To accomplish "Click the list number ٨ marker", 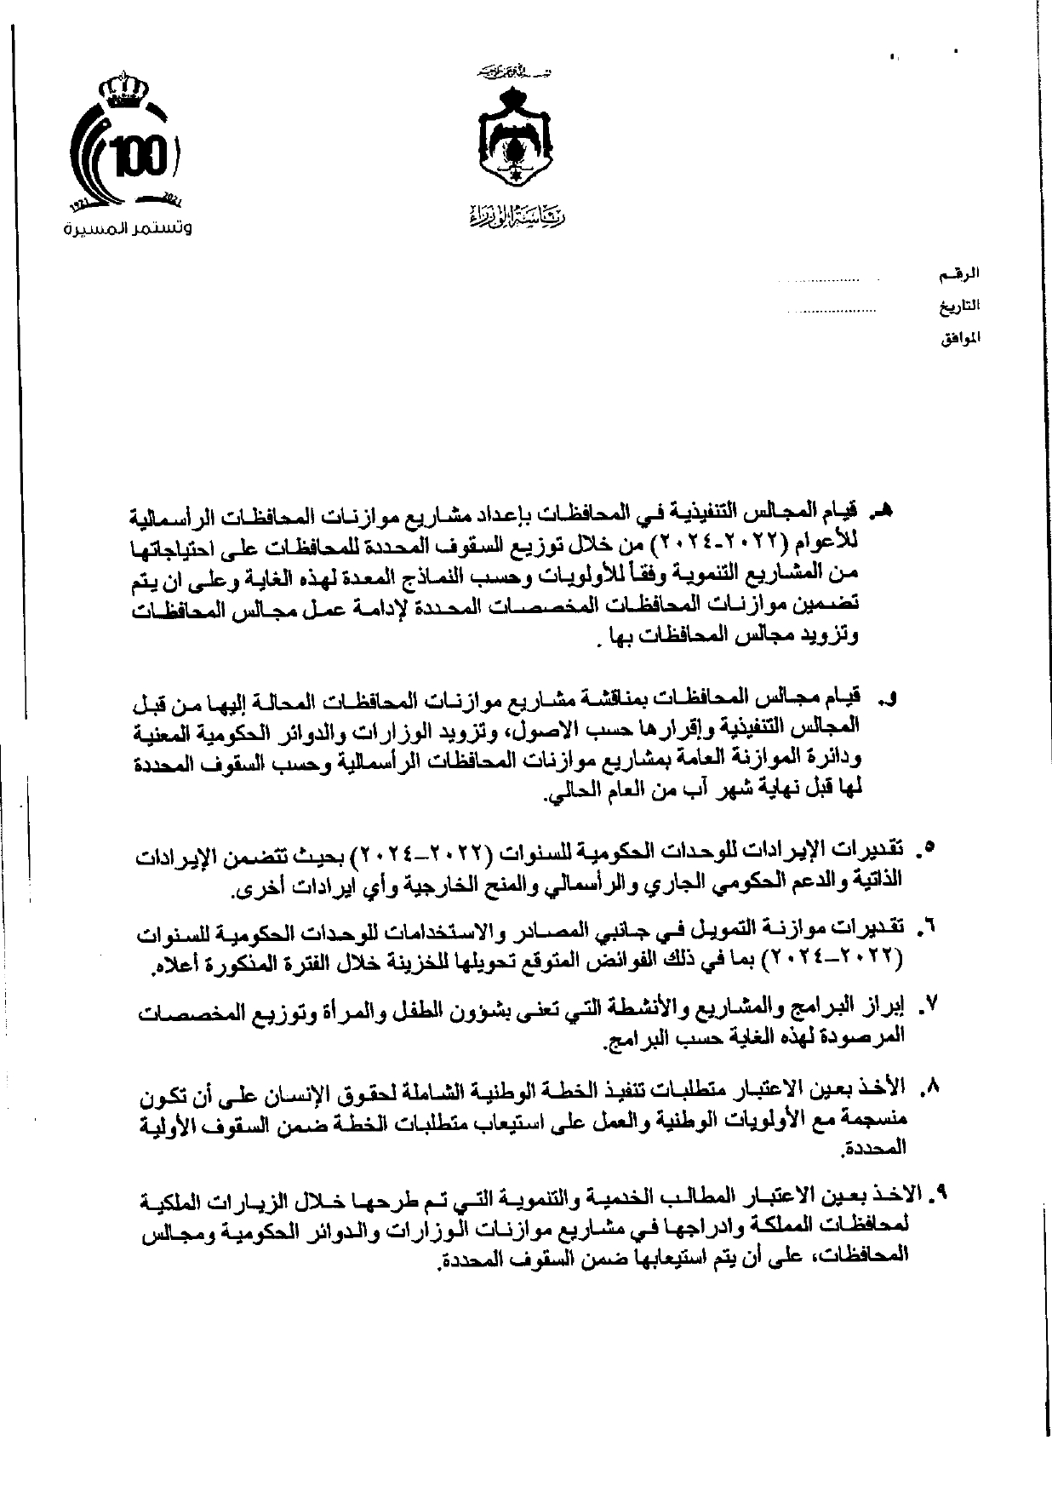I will tap(929, 1087).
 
